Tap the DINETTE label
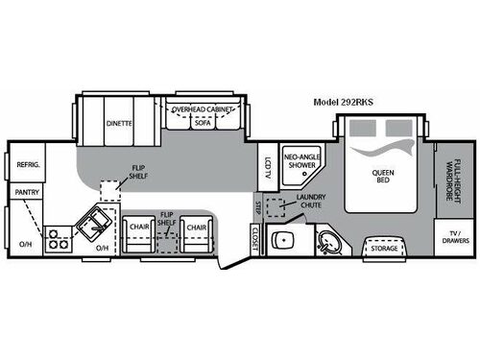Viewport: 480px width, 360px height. click(119, 124)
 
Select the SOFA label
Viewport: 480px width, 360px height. click(202, 124)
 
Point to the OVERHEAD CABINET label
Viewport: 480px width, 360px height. click(204, 110)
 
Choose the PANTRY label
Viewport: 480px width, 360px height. click(26, 193)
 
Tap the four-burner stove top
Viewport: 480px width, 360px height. click(59, 237)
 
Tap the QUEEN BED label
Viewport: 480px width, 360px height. click(383, 179)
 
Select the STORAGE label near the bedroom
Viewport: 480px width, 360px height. click(384, 249)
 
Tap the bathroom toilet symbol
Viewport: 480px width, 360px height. click(283, 239)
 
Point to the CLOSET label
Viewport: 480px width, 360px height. click(252, 240)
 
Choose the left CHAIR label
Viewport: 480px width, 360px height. click(136, 227)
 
